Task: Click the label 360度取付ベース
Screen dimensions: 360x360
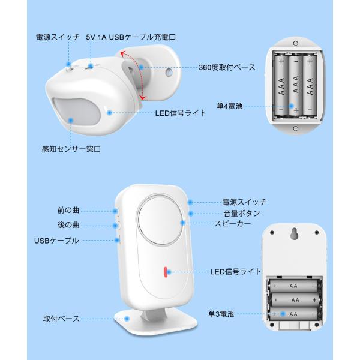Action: [227, 67]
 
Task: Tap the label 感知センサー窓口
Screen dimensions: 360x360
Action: [71, 149]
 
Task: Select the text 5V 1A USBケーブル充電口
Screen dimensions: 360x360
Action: [131, 37]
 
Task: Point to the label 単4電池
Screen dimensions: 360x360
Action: [230, 106]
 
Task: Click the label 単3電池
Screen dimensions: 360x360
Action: [221, 314]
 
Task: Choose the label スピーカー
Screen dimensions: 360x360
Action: [232, 223]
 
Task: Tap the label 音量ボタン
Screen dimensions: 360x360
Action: [242, 213]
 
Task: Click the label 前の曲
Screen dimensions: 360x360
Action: [68, 211]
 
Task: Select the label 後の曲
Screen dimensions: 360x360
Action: [68, 225]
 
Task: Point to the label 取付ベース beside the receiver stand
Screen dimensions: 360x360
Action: [61, 319]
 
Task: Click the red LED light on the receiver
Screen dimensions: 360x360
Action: [166, 272]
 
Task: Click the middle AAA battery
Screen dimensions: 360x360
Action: [296, 85]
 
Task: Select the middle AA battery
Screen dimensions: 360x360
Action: [295, 300]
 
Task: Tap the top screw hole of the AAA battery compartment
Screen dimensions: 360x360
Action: [296, 43]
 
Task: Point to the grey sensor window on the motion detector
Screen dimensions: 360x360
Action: [76, 113]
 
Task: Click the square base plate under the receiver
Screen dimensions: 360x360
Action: [155, 322]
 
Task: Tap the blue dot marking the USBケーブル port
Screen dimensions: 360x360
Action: [117, 240]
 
